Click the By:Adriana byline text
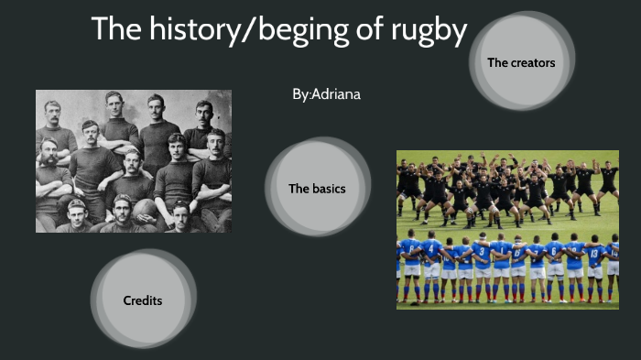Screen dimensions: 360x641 click(326, 94)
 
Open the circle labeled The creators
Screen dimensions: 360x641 click(521, 62)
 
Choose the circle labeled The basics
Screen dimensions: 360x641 click(317, 189)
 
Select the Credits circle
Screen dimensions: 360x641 click(143, 300)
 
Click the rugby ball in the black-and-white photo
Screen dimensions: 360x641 click(144, 209)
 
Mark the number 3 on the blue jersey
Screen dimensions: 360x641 click(481, 250)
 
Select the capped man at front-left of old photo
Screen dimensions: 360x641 click(76, 216)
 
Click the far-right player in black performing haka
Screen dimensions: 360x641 click(608, 178)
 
